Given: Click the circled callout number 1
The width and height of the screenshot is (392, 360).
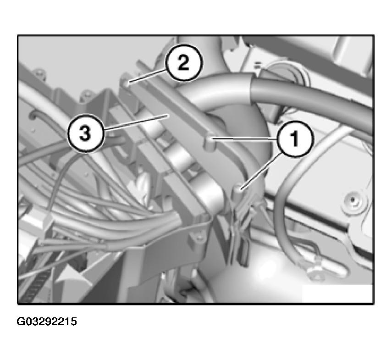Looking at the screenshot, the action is tap(295, 139).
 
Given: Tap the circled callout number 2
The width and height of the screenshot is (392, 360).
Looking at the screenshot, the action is tap(183, 63).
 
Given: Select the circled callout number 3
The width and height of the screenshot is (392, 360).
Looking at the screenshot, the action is tap(85, 133).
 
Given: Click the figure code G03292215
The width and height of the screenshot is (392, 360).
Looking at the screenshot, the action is tap(47, 321).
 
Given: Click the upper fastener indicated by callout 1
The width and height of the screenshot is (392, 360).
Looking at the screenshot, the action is tap(210, 143).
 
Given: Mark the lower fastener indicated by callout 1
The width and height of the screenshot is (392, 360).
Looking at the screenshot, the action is tap(237, 190).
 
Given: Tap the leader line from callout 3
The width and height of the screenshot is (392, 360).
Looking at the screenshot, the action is tap(137, 122).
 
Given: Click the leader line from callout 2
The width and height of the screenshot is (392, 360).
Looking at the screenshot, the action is tap(147, 76).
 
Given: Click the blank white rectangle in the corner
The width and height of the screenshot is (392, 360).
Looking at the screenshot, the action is tap(337, 294).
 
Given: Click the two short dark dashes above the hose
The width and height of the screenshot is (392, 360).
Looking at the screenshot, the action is tap(258, 66).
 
